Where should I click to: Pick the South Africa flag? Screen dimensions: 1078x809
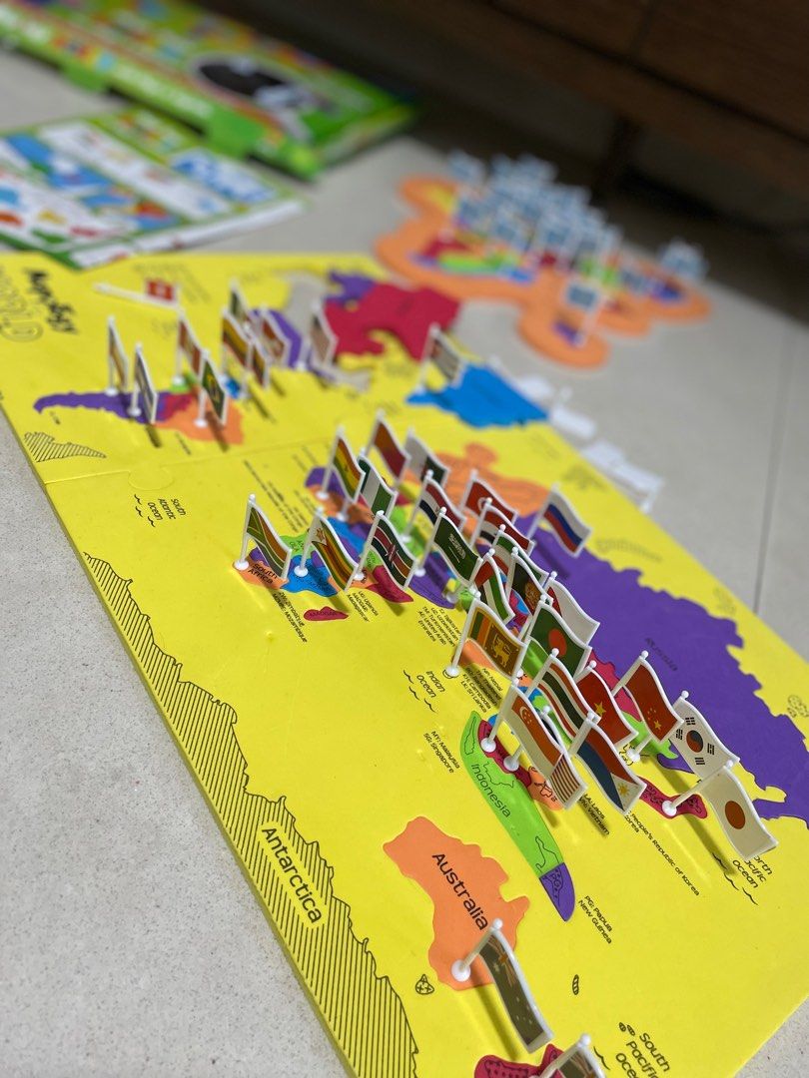pos(266,539)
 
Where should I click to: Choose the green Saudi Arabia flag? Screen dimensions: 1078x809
pos(455,548)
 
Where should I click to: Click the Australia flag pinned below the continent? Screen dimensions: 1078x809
pos(514,987)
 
